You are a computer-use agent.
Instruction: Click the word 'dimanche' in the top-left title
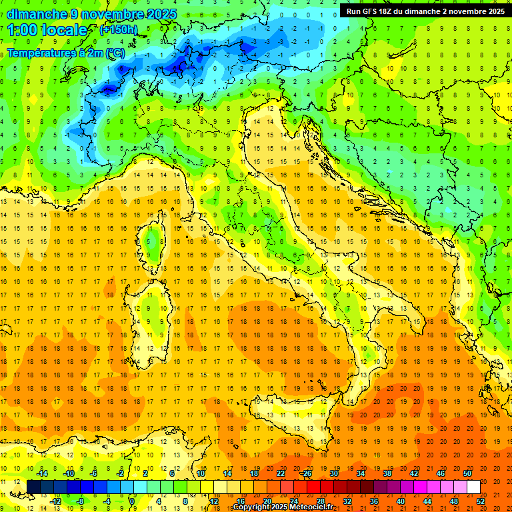pos(37,14)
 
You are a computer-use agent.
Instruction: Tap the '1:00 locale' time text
pos(47,30)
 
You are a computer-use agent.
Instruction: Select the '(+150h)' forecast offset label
pos(119,29)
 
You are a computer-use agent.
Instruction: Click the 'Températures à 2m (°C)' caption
pos(65,52)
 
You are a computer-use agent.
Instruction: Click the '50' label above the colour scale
pos(467,473)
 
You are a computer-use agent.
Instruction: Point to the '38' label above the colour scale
pos(387,473)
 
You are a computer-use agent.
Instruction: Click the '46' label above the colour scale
pos(441,473)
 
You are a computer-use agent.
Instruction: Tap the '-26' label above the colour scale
pos(305,473)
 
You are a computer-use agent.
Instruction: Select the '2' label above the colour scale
pos(145,473)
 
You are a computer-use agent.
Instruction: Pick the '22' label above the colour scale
pos(281,473)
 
